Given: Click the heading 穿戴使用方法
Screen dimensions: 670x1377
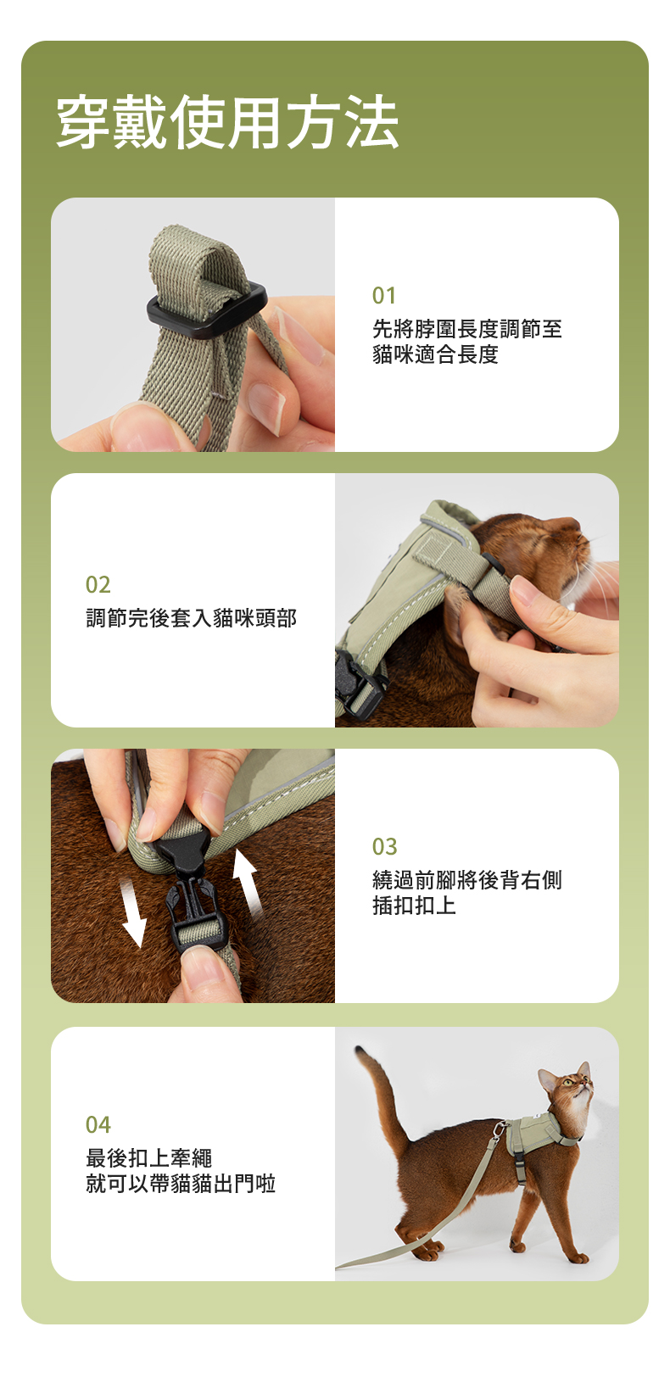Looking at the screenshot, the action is coord(227,122).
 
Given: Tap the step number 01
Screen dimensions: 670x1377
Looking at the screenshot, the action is coord(383,296).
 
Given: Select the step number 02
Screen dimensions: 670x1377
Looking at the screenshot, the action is coord(98,584).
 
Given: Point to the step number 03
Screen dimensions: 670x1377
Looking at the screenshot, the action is coord(384,846).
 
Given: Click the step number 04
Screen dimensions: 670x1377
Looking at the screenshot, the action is coord(98,1124).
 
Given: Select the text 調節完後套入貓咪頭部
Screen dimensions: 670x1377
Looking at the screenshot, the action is coord(191,618).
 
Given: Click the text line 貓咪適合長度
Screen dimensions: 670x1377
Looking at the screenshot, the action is coord(435,354).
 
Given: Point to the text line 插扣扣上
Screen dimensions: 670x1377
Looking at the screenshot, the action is coord(414,906).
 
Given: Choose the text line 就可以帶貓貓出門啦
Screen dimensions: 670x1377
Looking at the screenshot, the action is coord(181,1184).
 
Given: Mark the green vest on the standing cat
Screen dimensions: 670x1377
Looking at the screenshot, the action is coord(535,1134).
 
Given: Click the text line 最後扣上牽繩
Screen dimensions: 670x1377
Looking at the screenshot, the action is coord(148,1157).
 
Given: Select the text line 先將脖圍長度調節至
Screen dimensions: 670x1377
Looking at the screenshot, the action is coord(467,329).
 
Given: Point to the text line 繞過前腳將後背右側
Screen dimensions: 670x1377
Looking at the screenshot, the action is coord(467,879).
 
